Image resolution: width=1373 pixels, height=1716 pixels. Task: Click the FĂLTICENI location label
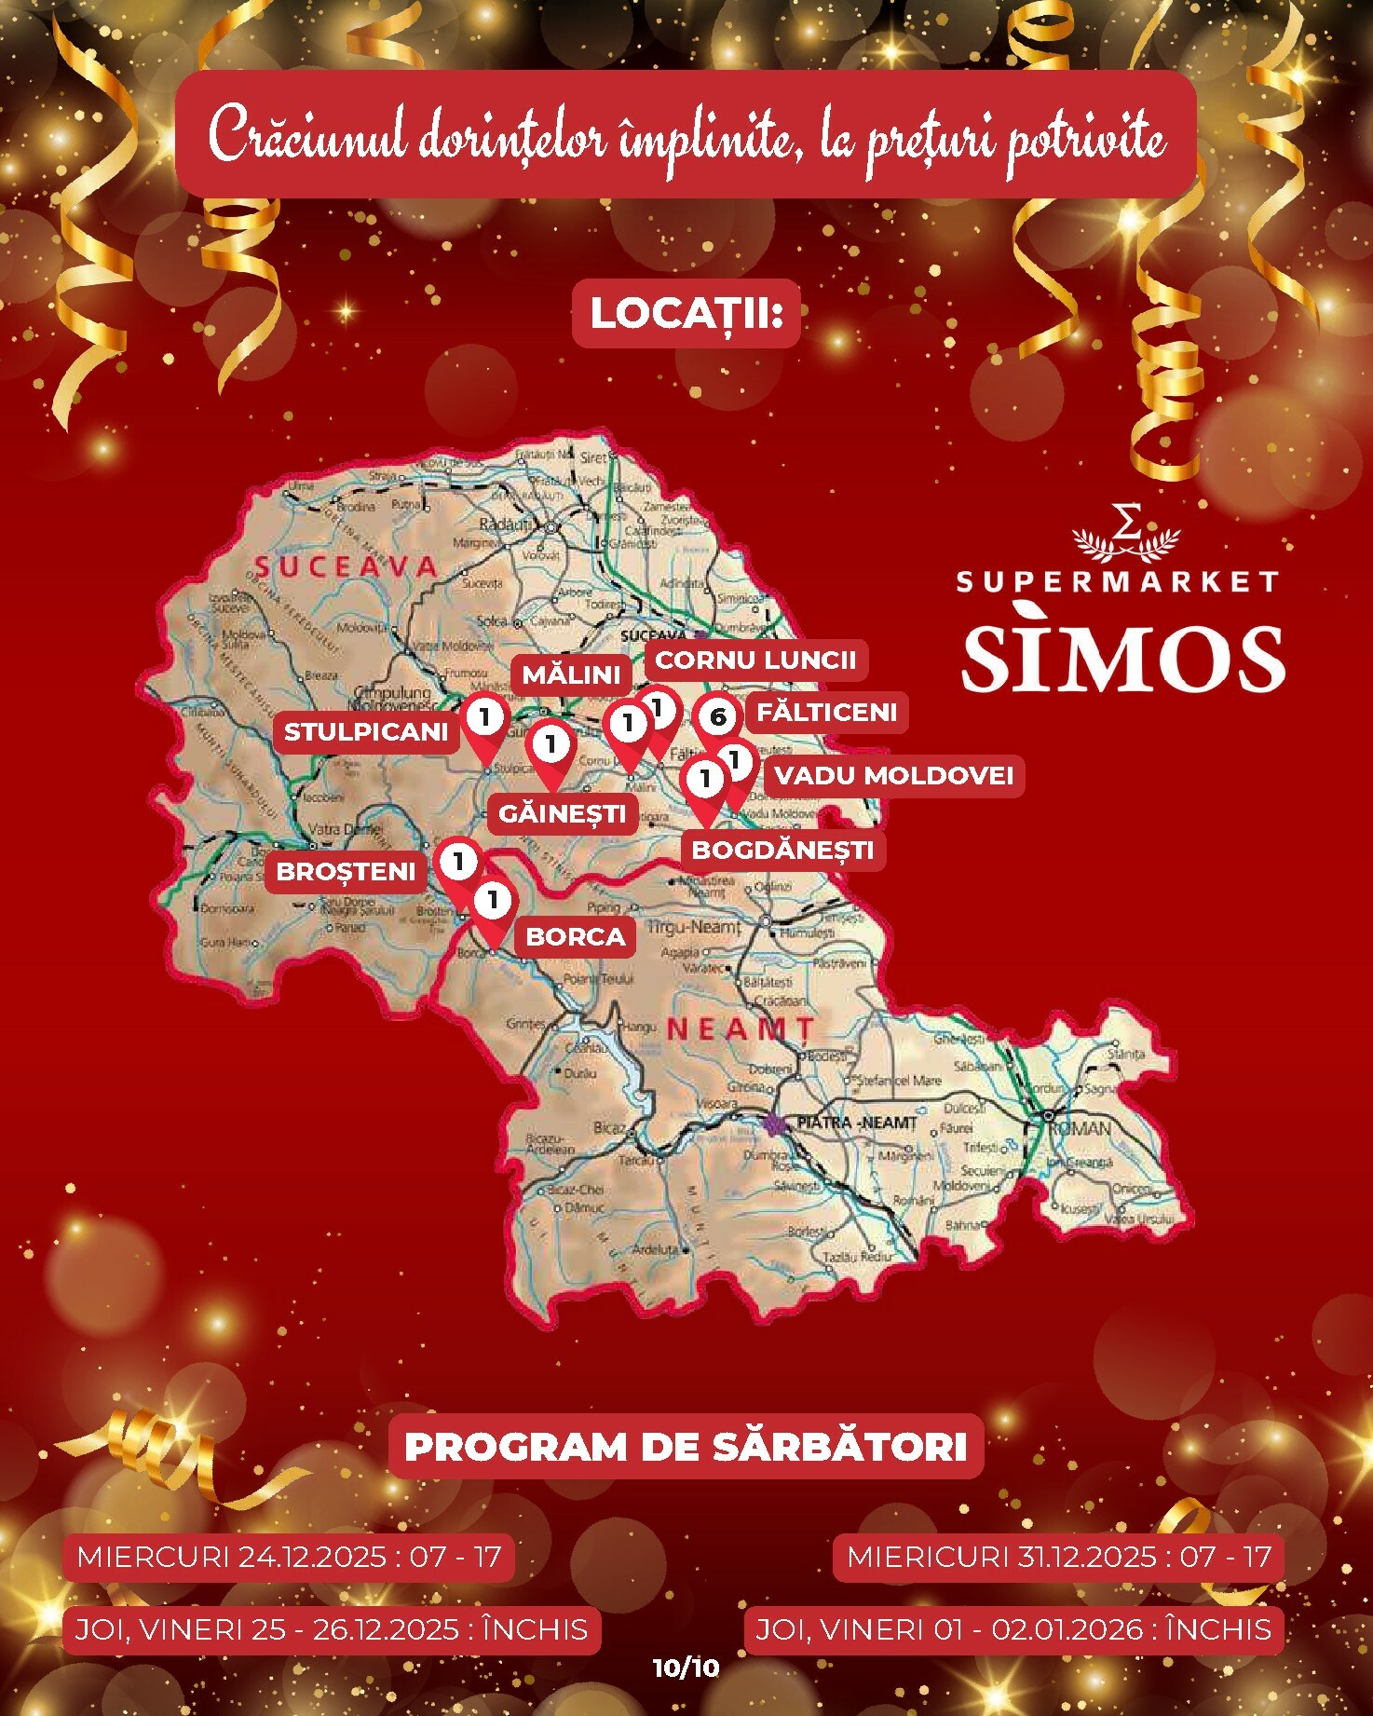point(827,713)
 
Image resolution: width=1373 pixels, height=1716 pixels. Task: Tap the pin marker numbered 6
point(717,716)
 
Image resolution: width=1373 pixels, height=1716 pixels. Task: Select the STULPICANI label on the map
point(366,732)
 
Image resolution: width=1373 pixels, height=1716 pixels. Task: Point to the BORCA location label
point(576,936)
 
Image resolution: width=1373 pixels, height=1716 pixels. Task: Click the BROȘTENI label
point(346,872)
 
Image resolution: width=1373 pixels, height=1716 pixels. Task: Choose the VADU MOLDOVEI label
point(893,776)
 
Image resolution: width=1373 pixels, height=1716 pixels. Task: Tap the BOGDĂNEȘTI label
point(782,851)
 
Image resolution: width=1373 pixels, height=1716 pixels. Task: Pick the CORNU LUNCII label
point(755,661)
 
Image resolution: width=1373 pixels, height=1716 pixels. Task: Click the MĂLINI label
point(571,674)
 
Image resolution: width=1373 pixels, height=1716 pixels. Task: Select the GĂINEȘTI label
point(562,814)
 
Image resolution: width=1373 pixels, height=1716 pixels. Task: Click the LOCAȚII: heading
point(686,314)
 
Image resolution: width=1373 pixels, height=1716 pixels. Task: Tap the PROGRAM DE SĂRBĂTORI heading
point(686,1447)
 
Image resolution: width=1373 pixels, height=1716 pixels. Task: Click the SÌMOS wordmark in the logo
point(1122,659)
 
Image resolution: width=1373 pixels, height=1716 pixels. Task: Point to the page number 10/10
point(686,1668)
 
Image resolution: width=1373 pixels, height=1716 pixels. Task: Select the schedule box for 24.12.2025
point(289,1557)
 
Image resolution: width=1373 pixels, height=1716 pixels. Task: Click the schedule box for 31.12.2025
point(1059,1557)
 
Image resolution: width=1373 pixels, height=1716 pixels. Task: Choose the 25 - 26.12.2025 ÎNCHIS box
point(331,1629)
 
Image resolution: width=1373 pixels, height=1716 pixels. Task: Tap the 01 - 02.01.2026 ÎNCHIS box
point(1013,1629)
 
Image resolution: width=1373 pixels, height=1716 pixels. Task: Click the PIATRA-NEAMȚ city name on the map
point(856,1123)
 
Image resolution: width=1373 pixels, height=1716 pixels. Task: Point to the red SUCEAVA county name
point(346,567)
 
